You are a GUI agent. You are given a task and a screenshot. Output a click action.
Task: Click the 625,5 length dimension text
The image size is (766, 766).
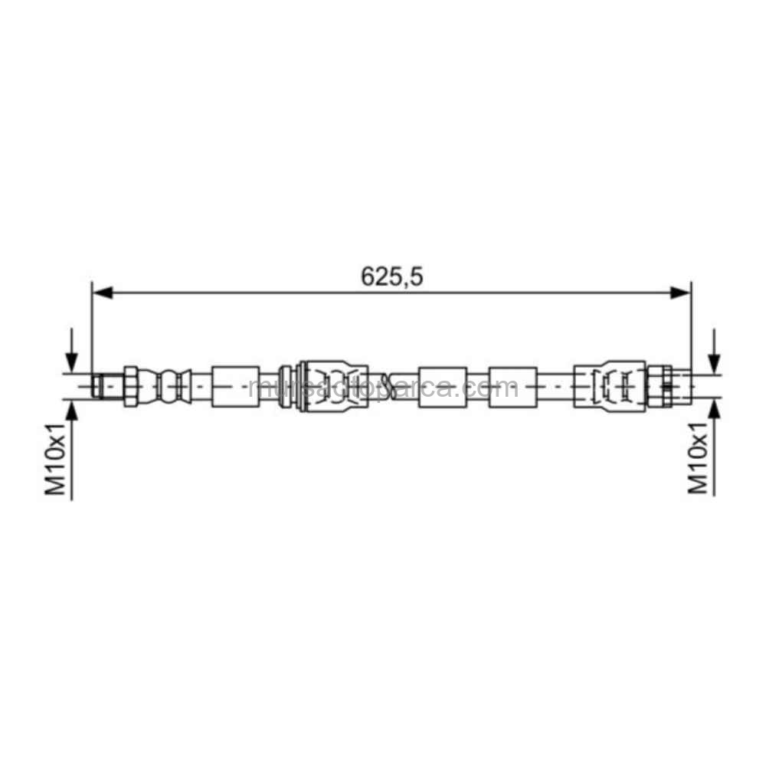pyautogui.click(x=392, y=277)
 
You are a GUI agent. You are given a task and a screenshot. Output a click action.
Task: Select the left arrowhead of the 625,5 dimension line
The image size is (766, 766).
pyautogui.click(x=102, y=293)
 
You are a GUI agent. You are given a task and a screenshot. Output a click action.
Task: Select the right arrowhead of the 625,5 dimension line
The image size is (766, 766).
pyautogui.click(x=680, y=293)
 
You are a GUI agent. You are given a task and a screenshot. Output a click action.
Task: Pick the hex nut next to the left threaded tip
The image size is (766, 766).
pyautogui.click(x=130, y=385)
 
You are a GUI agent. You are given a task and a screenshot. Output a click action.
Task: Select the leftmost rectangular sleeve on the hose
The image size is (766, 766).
pyautogui.click(x=235, y=385)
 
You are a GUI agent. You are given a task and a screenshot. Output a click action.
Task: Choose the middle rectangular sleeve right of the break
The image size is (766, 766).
pyautogui.click(x=443, y=385)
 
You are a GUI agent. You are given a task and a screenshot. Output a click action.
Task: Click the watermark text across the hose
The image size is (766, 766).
pyautogui.click(x=383, y=388)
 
